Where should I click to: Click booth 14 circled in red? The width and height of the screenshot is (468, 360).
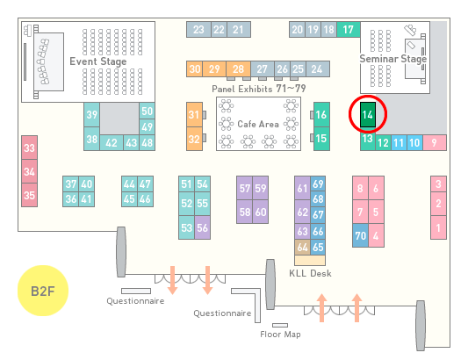368,115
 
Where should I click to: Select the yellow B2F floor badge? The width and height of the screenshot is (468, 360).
43,291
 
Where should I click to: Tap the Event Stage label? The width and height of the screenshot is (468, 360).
98,61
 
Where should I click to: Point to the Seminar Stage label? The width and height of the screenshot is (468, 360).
393,59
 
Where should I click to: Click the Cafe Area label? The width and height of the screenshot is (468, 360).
258,124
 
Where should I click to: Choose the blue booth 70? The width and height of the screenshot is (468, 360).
360,235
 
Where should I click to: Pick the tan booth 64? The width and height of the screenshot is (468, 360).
302,247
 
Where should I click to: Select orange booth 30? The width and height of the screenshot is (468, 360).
194,69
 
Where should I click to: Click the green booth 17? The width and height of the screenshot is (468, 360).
349,30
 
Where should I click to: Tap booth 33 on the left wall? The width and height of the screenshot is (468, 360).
29,148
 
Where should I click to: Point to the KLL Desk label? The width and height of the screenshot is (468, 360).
310,273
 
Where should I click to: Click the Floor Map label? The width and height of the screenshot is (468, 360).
280,334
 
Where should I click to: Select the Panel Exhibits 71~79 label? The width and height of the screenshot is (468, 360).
259,89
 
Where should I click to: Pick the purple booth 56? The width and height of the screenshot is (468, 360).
202,227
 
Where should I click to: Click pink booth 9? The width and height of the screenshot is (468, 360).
435,143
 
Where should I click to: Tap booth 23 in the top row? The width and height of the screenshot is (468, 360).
198,30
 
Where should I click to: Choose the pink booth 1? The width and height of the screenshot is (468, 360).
438,227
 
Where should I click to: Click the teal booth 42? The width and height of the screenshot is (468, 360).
112,143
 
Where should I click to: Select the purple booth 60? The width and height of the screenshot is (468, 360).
261,212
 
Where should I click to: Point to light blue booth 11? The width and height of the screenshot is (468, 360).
399,143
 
